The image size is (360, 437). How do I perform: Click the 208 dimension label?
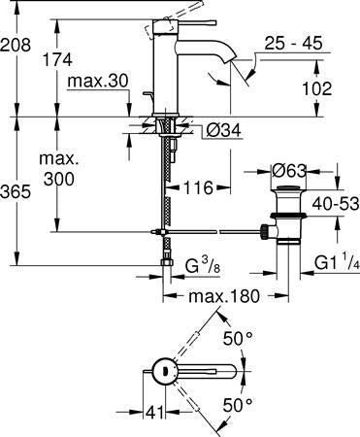(16, 45)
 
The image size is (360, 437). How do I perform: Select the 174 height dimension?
(57, 60)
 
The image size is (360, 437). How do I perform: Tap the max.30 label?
(98, 82)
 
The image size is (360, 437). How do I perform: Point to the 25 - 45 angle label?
(293, 43)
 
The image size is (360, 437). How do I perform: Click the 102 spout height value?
(317, 88)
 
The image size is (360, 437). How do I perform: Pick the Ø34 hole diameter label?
(223, 131)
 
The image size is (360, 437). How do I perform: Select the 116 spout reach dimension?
(199, 187)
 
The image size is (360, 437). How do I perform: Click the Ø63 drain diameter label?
(288, 171)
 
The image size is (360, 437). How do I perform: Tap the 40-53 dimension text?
(336, 204)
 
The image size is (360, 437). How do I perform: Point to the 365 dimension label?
(16, 191)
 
